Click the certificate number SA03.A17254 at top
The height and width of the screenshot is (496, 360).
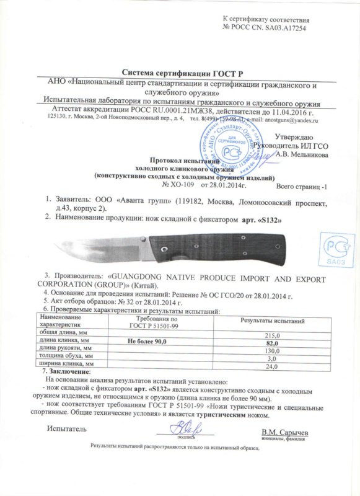pyautogui.click(x=279, y=27)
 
